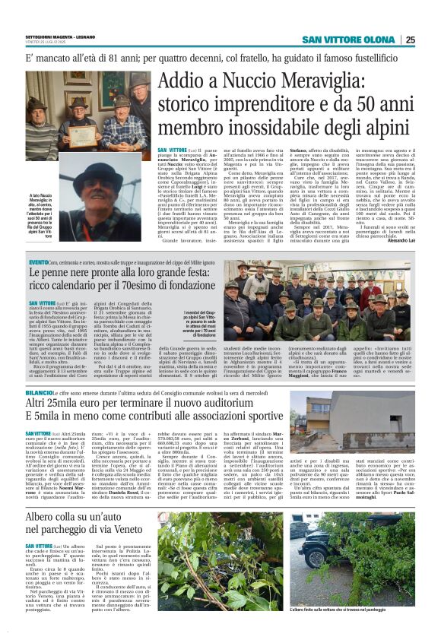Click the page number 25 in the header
point(431,40)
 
